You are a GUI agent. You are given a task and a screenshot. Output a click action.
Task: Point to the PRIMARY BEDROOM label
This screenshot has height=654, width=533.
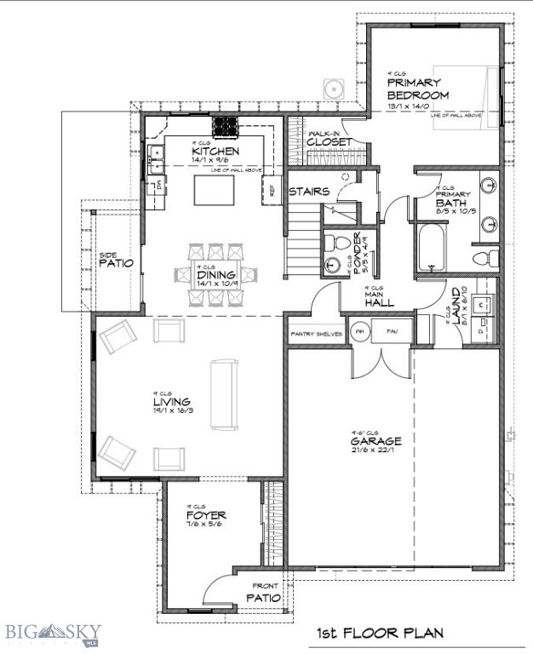tap(417, 89)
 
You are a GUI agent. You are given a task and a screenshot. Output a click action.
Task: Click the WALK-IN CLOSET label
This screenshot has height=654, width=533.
tap(329, 139)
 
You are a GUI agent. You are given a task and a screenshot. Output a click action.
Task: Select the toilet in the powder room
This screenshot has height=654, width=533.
tap(333, 240)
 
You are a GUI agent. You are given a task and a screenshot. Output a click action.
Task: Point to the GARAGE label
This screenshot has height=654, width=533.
tap(375, 442)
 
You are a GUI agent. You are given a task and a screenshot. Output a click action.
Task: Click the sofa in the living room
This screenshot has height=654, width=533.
tap(226, 394)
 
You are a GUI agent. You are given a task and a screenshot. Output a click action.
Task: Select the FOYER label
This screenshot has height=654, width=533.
tap(204, 515)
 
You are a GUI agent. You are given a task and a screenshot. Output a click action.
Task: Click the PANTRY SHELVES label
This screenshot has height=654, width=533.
tap(316, 334)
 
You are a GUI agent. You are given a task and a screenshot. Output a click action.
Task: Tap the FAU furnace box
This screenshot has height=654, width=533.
tap(393, 330)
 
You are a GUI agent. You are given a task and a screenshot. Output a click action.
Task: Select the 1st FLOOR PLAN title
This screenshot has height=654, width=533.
tap(380, 634)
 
